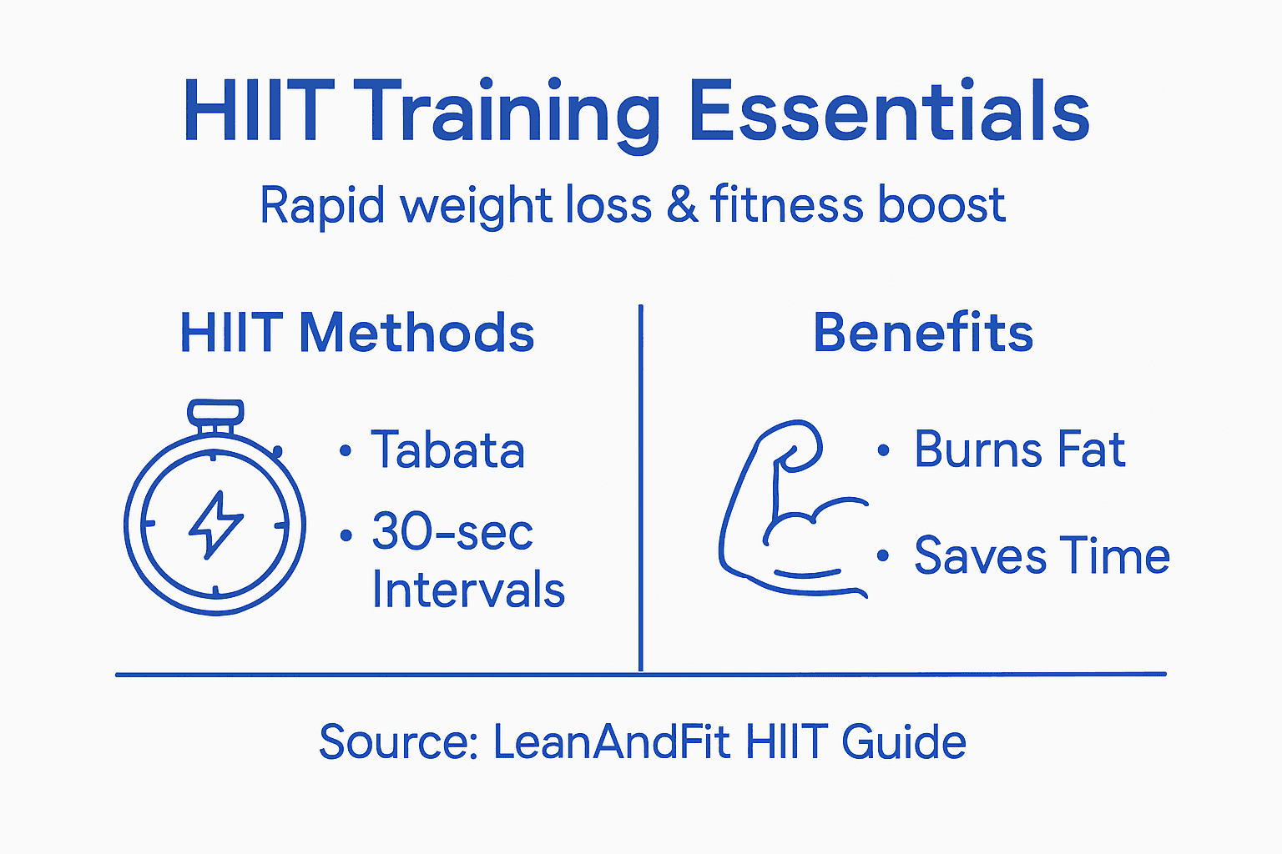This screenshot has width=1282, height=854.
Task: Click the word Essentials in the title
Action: tap(890, 112)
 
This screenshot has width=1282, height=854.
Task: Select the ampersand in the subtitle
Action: tap(682, 205)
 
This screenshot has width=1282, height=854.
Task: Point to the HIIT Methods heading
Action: tap(357, 333)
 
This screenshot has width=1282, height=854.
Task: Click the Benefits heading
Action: tap(923, 333)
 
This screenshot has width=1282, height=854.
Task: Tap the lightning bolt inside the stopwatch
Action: tap(216, 524)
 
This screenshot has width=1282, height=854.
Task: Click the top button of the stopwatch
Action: tap(215, 412)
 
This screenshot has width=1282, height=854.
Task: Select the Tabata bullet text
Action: tap(447, 450)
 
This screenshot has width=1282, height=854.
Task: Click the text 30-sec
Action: tap(452, 532)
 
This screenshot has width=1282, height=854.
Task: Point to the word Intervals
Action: tap(468, 590)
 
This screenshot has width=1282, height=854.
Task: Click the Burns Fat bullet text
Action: tap(1019, 450)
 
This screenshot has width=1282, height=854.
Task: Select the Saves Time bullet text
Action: tap(1042, 555)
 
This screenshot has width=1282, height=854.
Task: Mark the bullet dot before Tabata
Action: tap(346, 451)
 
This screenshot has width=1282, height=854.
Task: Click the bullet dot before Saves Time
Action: tap(883, 555)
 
